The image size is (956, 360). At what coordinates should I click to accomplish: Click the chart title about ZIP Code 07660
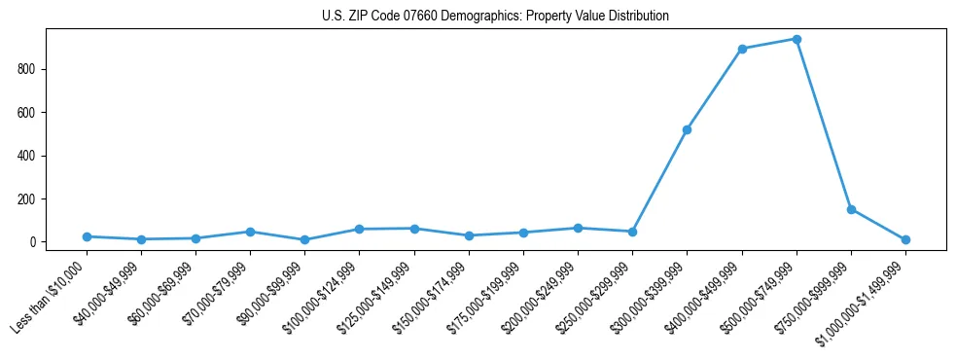tap(495, 17)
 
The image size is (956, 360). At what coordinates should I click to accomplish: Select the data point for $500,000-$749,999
tap(797, 40)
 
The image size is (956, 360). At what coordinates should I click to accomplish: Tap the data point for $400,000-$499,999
tap(742, 49)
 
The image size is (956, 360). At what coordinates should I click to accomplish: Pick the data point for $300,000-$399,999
tap(688, 129)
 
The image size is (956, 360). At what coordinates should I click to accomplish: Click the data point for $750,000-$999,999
tap(851, 209)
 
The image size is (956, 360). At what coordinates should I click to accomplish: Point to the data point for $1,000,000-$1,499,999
tap(905, 239)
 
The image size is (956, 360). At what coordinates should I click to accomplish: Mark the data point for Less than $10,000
tap(87, 236)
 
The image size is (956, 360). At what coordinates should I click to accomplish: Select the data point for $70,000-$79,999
tap(250, 232)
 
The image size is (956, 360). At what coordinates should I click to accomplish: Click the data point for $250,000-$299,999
tap(632, 232)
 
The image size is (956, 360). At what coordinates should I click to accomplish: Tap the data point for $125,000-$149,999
tap(414, 229)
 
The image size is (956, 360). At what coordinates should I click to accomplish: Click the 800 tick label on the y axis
tap(27, 69)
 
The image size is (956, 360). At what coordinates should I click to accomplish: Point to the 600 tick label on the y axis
tap(27, 113)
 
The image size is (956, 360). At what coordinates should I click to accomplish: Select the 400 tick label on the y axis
tap(27, 156)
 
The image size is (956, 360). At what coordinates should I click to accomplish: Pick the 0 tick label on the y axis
tap(33, 242)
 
